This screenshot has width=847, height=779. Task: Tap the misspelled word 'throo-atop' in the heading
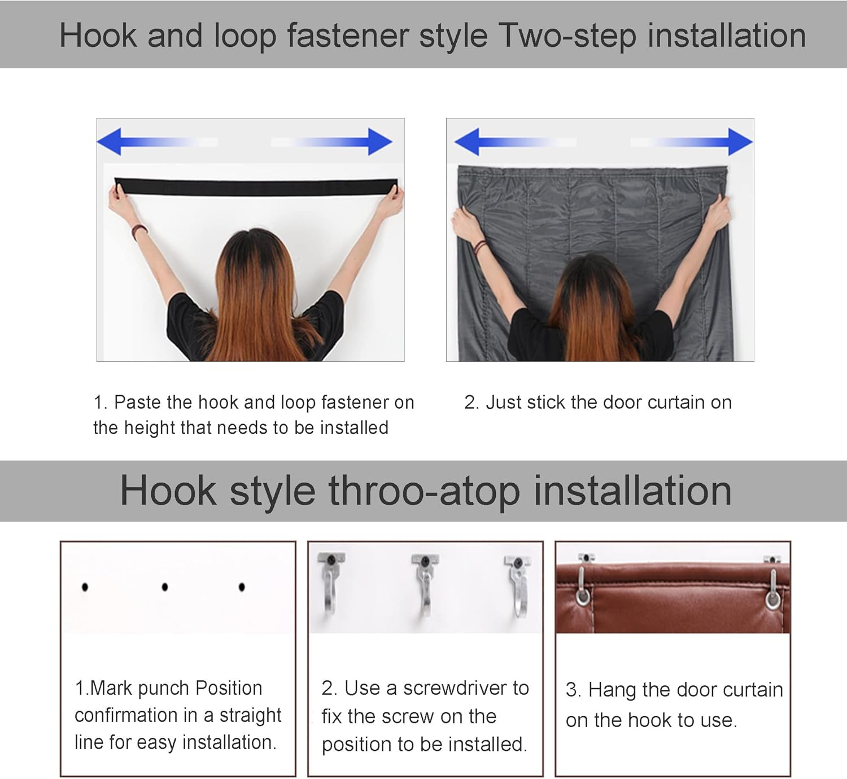[x=423, y=491]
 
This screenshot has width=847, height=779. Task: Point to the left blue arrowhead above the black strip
[x=110, y=141]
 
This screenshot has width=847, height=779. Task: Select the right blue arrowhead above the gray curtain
[x=740, y=141]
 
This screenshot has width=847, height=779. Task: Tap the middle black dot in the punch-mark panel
[x=164, y=587]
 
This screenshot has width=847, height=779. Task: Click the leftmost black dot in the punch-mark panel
[x=85, y=587]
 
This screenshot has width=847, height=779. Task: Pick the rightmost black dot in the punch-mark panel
[x=242, y=587]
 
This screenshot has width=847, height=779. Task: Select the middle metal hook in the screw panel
[x=425, y=587]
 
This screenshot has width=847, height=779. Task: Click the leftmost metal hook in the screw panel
[x=331, y=587]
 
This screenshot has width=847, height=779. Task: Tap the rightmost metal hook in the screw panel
[x=518, y=587]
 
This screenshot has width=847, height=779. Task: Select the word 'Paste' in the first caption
[x=137, y=402]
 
